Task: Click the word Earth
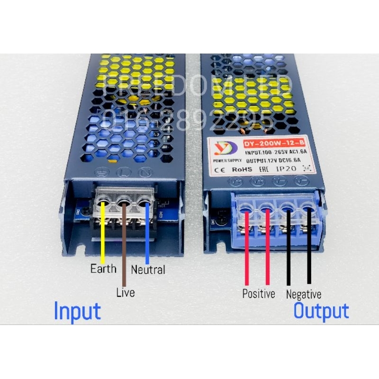click(x=103, y=269)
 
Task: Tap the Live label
click(x=125, y=292)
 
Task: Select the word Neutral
click(x=148, y=270)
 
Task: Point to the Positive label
click(x=258, y=294)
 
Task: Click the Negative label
click(x=303, y=294)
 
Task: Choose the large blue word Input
click(x=77, y=311)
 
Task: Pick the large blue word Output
click(x=321, y=311)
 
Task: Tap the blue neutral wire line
click(x=147, y=232)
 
